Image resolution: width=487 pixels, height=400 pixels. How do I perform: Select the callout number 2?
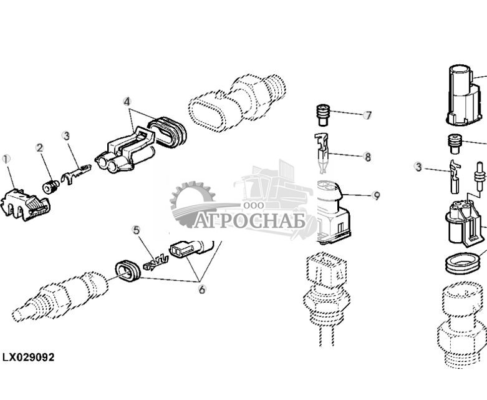point(39,148)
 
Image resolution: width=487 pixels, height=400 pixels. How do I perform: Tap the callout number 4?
point(127,101)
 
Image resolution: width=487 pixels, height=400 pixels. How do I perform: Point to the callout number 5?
point(136,230)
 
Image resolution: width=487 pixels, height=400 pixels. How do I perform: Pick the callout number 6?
point(201,289)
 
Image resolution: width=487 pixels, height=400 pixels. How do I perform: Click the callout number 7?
point(368,115)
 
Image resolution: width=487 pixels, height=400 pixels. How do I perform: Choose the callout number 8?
point(367,157)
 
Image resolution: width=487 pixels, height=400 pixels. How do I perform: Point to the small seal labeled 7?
point(324,115)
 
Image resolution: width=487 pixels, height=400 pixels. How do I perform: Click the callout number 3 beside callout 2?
point(66,135)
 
